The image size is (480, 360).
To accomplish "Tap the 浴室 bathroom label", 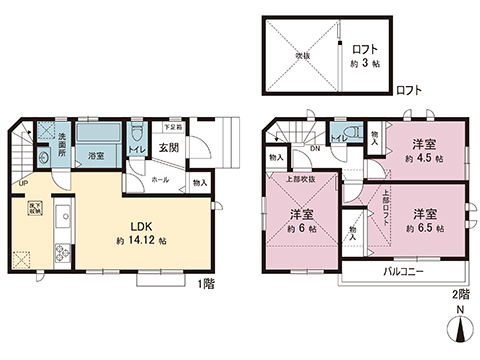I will point(97,157).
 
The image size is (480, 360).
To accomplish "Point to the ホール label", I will point(161,181).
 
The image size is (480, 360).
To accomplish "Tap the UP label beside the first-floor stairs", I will point(21,183).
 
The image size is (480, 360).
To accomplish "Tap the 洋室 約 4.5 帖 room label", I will point(424,150).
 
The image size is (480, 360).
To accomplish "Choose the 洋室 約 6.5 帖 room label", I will point(424,220).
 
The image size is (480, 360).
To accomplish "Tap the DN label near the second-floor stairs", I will point(314,150).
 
